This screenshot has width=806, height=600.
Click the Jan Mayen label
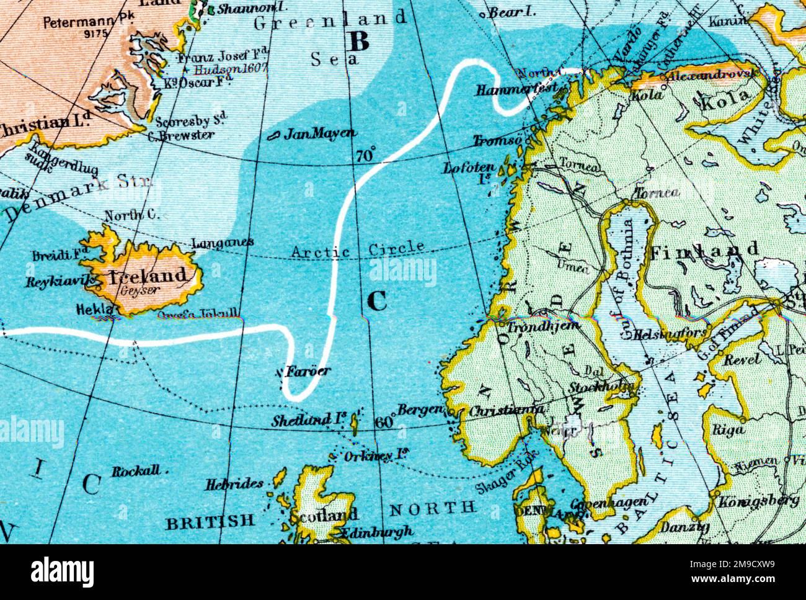pos(320,133)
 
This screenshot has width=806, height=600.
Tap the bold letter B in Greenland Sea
pos(359,41)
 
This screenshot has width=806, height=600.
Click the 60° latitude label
pos(384,422)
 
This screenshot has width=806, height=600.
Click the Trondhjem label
pos(543,326)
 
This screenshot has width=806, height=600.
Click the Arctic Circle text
pos(358,250)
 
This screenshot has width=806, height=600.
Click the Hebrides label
pos(235,484)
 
